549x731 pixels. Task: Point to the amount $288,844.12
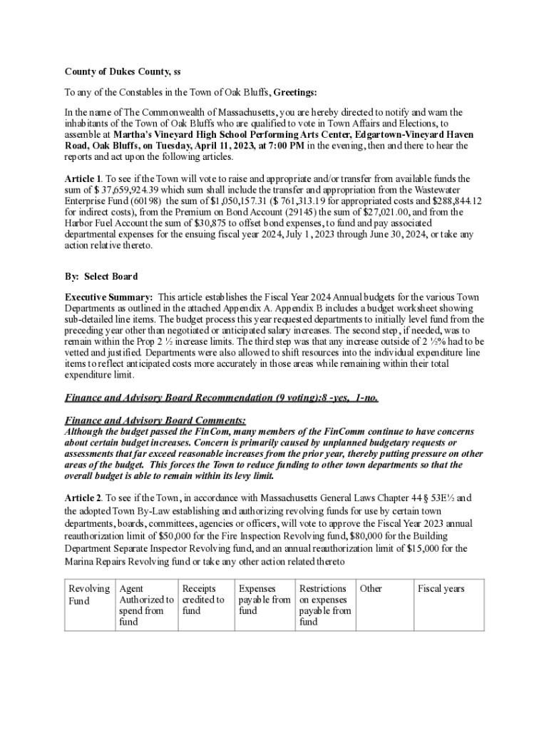(x=449, y=201)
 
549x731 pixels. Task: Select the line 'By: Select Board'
(x=101, y=276)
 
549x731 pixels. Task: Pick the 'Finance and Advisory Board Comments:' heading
(x=155, y=420)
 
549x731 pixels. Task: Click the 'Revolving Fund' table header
(x=88, y=595)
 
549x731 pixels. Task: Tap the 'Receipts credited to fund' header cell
(x=203, y=600)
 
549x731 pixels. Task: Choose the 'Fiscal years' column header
(x=441, y=589)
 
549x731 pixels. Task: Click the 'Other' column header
(x=371, y=589)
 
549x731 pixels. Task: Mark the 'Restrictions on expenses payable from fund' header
(x=325, y=605)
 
